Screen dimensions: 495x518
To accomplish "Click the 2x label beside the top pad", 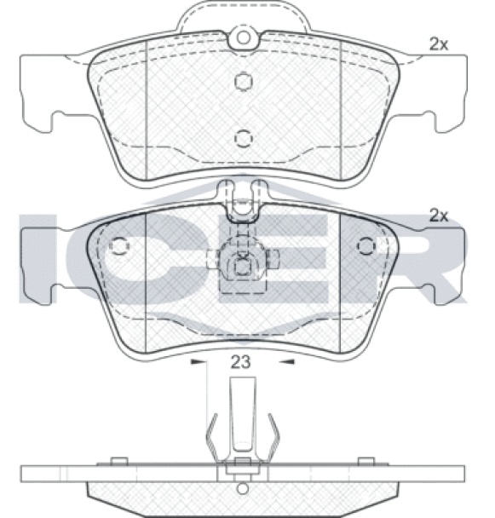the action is pyautogui.click(x=439, y=44).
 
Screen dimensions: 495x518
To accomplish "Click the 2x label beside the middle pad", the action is pyautogui.click(x=439, y=216).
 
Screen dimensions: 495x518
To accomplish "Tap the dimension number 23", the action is pyautogui.click(x=240, y=362).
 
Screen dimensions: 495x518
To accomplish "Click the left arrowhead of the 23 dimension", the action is pyautogui.click(x=198, y=362).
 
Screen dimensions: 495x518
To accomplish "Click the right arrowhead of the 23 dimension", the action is pyautogui.click(x=286, y=362).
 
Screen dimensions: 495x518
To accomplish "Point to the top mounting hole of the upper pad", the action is pyautogui.click(x=244, y=37).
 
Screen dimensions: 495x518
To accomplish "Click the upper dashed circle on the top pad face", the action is pyautogui.click(x=244, y=81).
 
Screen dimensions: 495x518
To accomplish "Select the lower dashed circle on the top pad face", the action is pyautogui.click(x=244, y=139).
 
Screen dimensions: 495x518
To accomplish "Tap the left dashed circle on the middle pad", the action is pyautogui.click(x=119, y=245).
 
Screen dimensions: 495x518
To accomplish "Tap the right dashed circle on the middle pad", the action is pyautogui.click(x=366, y=245).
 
